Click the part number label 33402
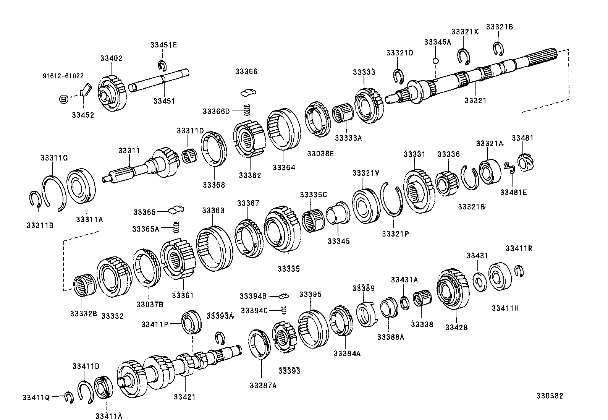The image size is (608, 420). click(112, 58)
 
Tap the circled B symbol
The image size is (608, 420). click(64, 99)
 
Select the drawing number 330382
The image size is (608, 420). click(549, 396)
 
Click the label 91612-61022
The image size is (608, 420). click(63, 76)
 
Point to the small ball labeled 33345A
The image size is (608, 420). click(435, 61)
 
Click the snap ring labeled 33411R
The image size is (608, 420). click(519, 271)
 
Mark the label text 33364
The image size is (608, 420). click(284, 167)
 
